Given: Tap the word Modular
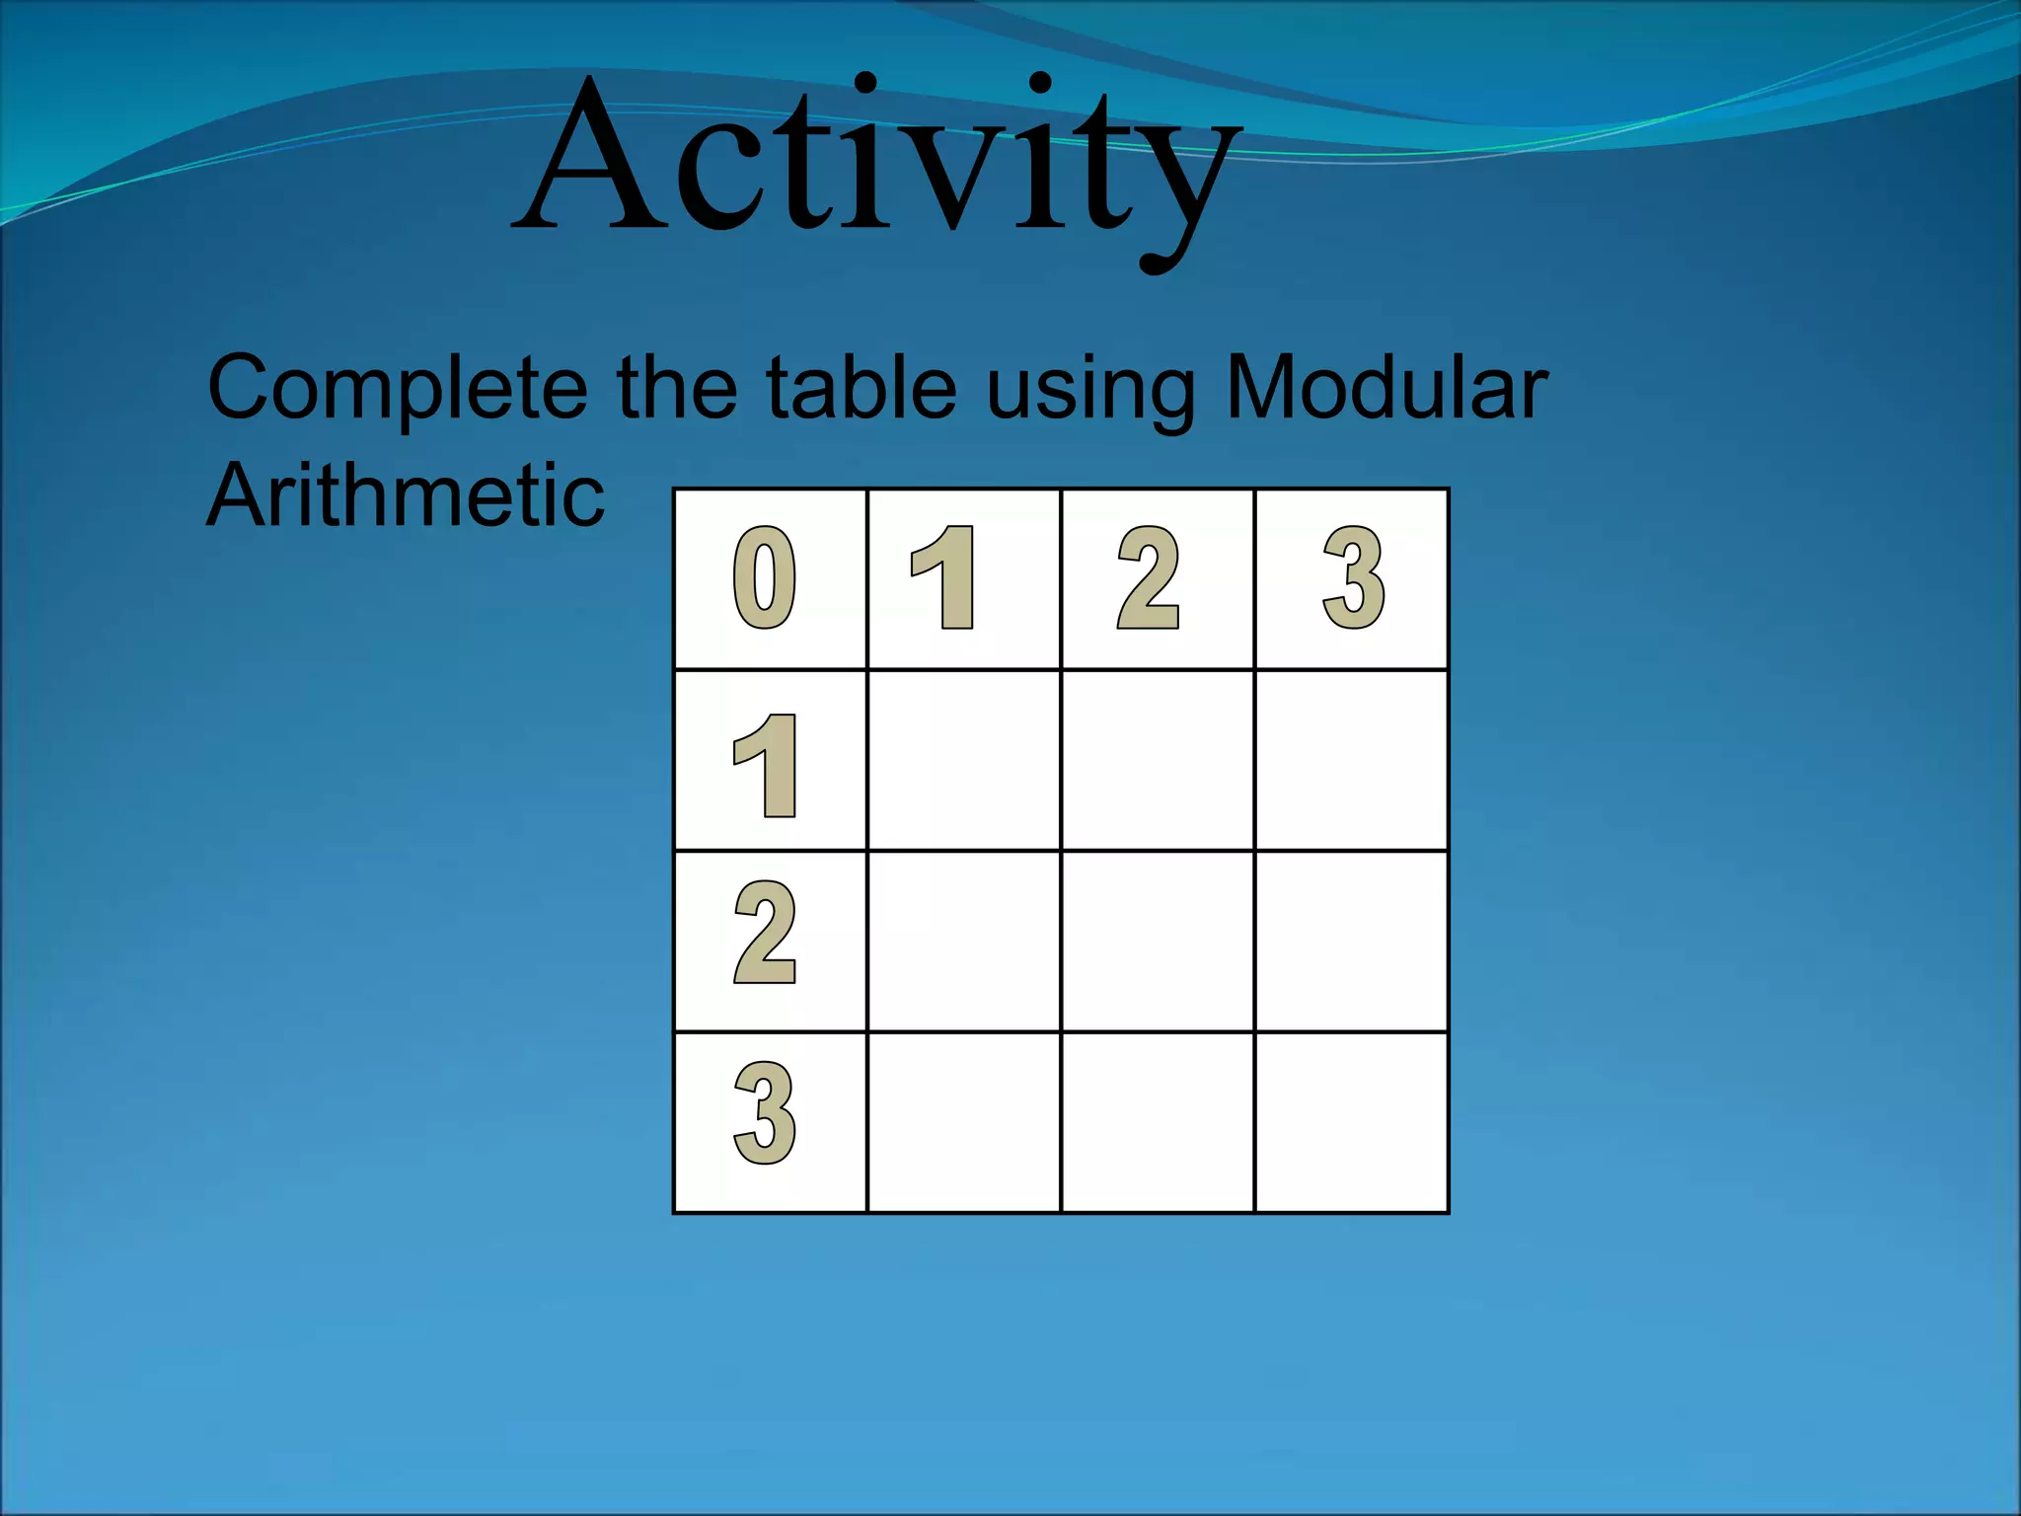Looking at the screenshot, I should pos(1385,387).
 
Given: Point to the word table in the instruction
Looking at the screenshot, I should pos(861,387).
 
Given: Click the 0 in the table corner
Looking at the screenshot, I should pos(765,578).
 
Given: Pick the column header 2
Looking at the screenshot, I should pos(1148,578).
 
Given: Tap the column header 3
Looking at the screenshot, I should pos(1353,578).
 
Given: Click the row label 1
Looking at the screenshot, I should pos(766,766).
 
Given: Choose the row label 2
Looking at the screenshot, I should pos(765,934).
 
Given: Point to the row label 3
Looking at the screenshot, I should pos(765,1113).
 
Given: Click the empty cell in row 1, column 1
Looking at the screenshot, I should pos(964,760).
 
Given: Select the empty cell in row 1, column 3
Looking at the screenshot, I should pos(1352,760).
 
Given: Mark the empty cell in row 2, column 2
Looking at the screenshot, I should pos(1158,942).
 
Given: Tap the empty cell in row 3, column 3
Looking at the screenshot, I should pos(1352,1122).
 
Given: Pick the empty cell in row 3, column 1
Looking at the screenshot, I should pos(964,1122).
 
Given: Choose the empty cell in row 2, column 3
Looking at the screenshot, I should pos(1352,942).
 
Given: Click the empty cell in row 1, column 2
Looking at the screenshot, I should pos(1158,760).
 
